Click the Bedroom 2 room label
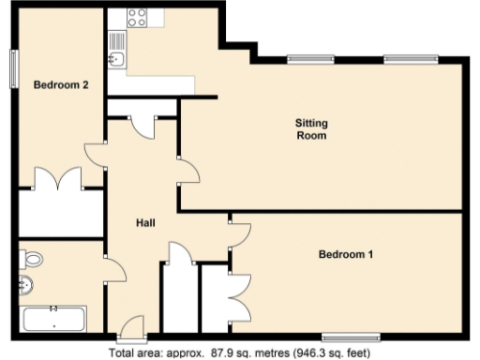tap(61, 85)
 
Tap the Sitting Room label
tap(311, 128)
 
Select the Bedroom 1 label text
tap(346, 254)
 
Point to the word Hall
tap(145, 223)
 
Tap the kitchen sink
tap(116, 59)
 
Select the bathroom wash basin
tap(26, 285)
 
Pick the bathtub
tap(52, 319)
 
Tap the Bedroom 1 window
tap(350, 337)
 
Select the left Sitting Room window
tap(310, 59)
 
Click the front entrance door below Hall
tap(131, 330)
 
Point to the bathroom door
tap(115, 271)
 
